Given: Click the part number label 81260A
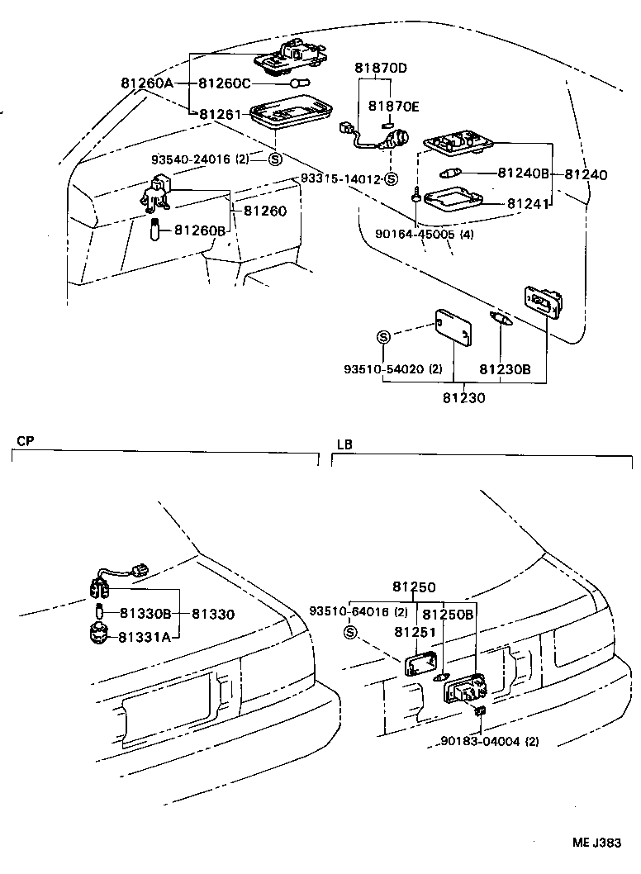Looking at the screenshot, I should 146,83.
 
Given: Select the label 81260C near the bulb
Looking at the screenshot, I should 224,83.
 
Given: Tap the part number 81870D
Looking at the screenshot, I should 382,68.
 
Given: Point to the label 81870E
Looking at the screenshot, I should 394,107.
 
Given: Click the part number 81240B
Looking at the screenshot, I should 523,173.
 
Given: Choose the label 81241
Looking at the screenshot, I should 528,203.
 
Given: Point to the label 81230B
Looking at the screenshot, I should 506,370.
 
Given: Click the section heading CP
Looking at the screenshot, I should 24,441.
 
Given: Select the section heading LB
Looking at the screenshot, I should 344,444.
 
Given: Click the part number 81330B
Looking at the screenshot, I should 145,614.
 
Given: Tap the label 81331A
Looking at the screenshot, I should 144,636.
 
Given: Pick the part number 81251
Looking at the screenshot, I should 414,632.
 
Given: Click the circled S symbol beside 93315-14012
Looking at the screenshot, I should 392,179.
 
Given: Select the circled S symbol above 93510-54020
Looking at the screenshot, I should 383,336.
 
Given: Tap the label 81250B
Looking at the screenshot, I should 448,615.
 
